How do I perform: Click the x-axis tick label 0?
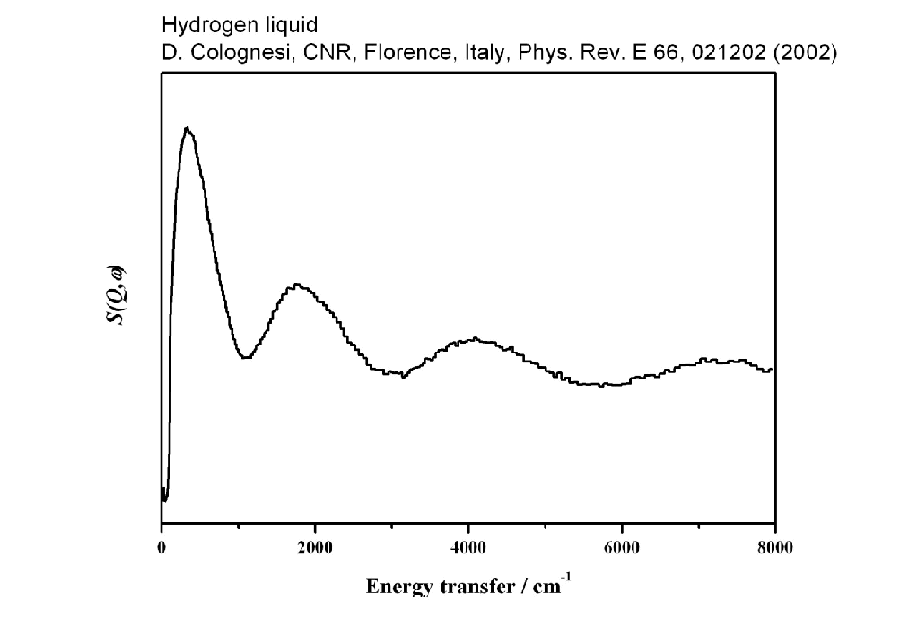tap(162, 548)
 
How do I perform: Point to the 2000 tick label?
tap(315, 548)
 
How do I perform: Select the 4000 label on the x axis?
tap(468, 548)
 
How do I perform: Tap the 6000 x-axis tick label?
tap(622, 548)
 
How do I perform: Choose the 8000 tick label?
tap(774, 548)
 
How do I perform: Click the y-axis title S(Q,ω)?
tap(117, 296)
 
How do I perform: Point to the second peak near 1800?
tap(297, 286)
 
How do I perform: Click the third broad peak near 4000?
tap(474, 339)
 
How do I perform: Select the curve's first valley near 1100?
tap(245, 357)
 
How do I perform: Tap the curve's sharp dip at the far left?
tap(165, 499)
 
